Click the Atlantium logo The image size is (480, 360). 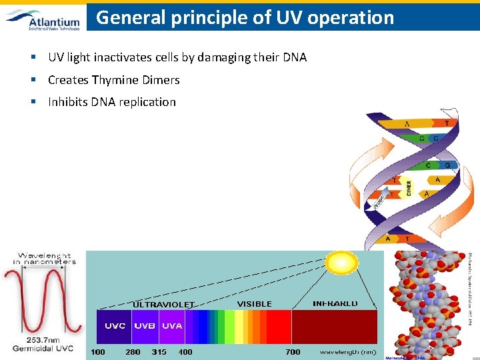[43, 19]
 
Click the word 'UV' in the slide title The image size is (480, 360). [285, 17]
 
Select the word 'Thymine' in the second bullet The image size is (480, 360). [116, 80]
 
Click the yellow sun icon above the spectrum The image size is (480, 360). [341, 262]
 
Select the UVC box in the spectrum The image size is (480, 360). [115, 326]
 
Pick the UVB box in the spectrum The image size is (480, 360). [145, 326]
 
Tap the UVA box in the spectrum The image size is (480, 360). [171, 326]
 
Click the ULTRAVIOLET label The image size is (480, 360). [163, 305]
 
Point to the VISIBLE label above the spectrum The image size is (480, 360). [255, 304]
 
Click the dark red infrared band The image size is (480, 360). [334, 327]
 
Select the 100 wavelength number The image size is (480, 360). [98, 351]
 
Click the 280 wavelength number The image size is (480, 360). [133, 351]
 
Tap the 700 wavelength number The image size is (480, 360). [293, 351]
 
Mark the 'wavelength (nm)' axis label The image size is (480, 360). [347, 351]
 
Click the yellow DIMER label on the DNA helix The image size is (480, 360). [409, 188]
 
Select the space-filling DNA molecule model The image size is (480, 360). [426, 303]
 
